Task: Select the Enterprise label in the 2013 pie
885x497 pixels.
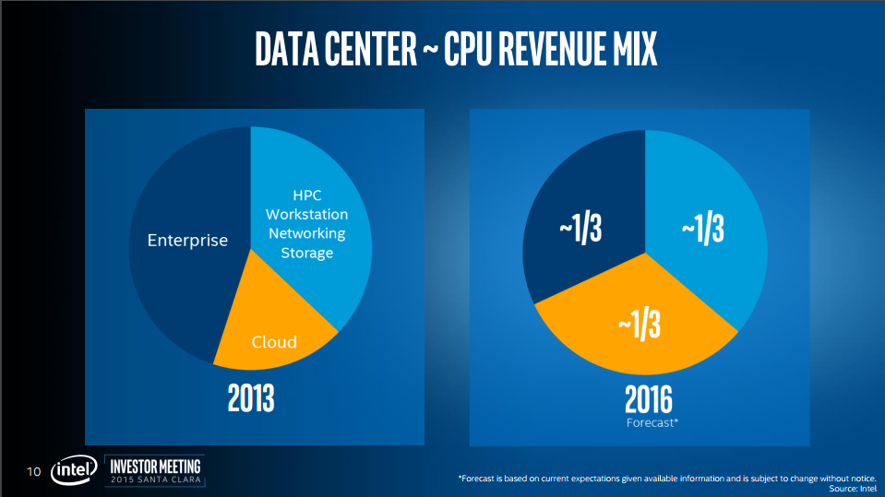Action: pyautogui.click(x=187, y=241)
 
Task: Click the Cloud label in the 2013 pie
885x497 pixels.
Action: pyautogui.click(x=275, y=342)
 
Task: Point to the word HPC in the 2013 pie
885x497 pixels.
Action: pyautogui.click(x=307, y=195)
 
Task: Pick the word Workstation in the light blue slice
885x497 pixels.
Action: pyautogui.click(x=307, y=214)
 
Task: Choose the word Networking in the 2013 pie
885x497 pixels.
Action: pyautogui.click(x=307, y=233)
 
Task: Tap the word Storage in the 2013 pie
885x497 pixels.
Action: pyautogui.click(x=307, y=253)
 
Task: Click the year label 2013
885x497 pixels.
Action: pyautogui.click(x=252, y=398)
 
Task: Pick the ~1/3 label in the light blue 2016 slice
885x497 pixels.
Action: pyautogui.click(x=702, y=231)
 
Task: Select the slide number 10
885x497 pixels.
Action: pyautogui.click(x=34, y=472)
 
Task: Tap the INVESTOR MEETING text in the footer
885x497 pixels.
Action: pyautogui.click(x=155, y=464)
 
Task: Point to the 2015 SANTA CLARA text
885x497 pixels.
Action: pyautogui.click(x=155, y=479)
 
